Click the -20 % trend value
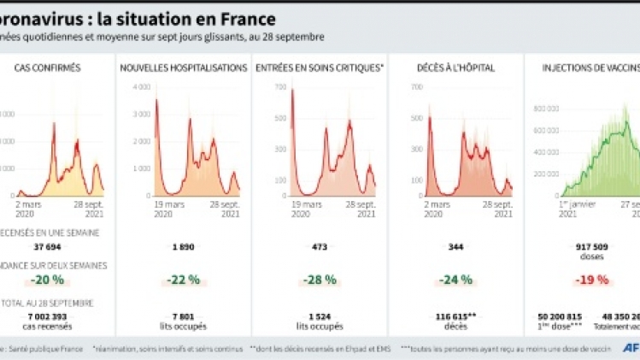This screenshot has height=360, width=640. (48, 280)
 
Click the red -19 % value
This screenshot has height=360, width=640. (591, 280)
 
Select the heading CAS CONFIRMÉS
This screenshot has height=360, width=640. (48, 68)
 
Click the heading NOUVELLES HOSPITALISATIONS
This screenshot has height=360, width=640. (183, 68)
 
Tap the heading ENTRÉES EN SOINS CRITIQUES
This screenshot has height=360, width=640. (320, 68)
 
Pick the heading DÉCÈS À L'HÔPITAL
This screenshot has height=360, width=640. (456, 68)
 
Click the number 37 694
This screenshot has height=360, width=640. (49, 247)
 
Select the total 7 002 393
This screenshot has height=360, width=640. (49, 316)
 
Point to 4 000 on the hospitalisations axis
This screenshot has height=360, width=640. (142, 87)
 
